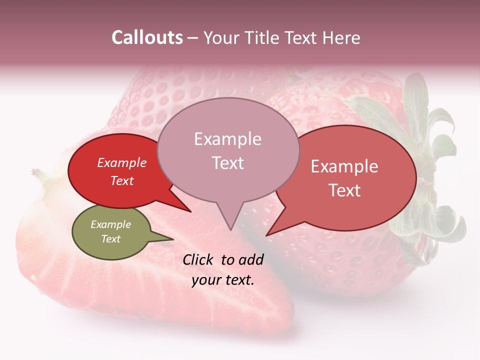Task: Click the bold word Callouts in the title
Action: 147,38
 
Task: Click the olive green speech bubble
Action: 111,232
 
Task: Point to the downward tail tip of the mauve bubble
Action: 230,229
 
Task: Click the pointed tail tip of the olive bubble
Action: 173,239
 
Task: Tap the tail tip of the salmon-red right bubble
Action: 266,235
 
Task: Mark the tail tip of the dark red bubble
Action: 190,211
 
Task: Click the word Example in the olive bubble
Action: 111,224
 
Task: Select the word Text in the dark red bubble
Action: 122,181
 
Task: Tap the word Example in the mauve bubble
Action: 227,139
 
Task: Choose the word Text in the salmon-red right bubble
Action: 344,190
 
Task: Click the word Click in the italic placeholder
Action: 199,259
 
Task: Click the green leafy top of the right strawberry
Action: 425,150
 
